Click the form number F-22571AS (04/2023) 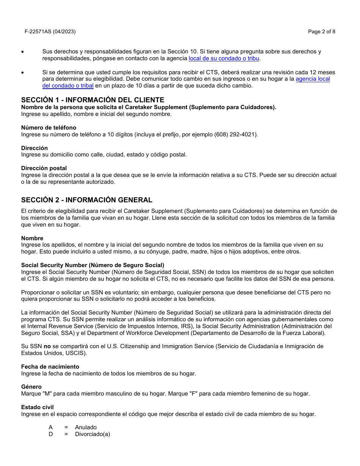point(50,32)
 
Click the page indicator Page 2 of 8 point(321,32)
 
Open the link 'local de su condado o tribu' point(224,58)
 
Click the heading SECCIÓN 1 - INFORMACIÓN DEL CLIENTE point(92,100)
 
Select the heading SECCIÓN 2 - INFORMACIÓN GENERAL point(87,200)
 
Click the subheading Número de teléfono point(49,128)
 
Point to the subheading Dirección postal point(44,168)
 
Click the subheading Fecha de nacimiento point(50,367)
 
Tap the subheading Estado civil point(38,407)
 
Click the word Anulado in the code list point(86,427)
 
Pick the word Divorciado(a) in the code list point(92,434)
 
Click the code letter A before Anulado point(50,427)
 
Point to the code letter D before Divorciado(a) point(51,434)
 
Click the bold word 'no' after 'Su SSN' point(47,346)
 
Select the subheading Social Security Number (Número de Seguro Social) point(92,265)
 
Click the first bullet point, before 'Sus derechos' point(23,52)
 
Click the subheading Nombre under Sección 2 point(32,238)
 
